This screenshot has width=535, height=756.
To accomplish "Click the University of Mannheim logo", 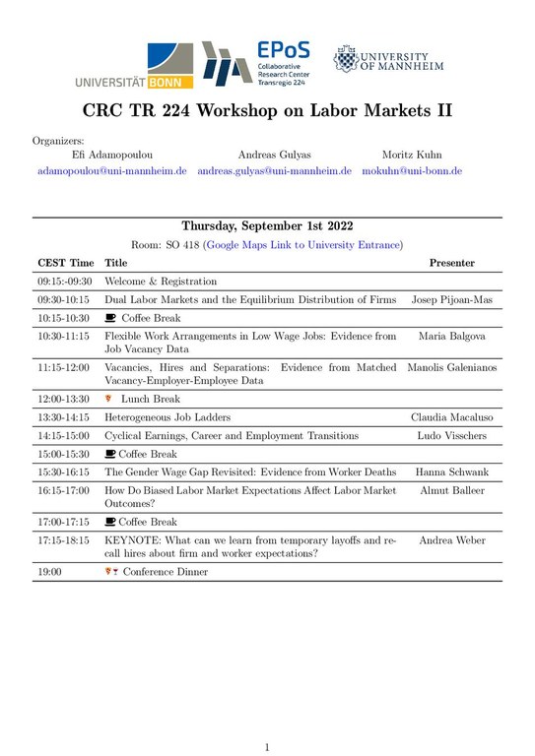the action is pos(389,61).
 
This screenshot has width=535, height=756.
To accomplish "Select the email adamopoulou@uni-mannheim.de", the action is pos(111,170).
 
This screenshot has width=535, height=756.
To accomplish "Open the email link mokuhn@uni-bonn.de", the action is pos(412,170).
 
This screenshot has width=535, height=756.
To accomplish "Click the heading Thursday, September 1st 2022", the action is pos(267,225).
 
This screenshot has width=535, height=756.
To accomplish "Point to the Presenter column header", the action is pos(451,263).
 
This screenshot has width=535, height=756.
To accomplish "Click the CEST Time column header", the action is pos(66,263).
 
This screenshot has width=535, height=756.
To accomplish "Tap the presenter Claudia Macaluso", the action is pos(451,417).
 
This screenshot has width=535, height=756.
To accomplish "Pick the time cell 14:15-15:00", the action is pos(63,436).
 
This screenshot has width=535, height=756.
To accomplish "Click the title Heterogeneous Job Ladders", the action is pos(168,417).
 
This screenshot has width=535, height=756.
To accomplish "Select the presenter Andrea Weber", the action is pos(451,540).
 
